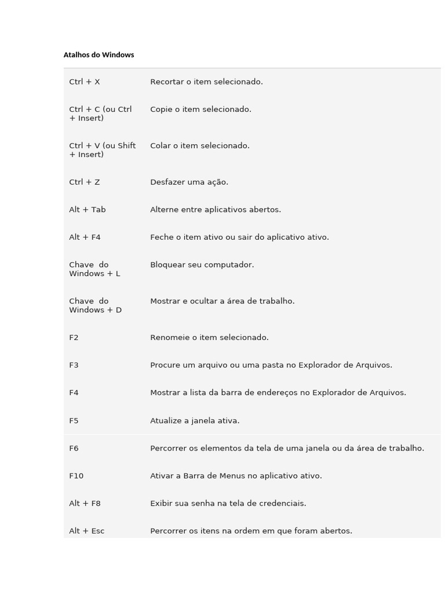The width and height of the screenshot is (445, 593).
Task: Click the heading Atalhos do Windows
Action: [x=99, y=55]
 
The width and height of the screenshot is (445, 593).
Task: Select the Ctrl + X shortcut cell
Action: [x=85, y=82]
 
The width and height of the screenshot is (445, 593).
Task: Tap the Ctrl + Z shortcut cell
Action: [x=85, y=182]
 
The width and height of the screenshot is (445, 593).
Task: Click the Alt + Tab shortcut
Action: [x=87, y=210]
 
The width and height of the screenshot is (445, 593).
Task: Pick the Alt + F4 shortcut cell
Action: [x=85, y=237]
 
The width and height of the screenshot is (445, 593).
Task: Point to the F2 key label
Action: [x=74, y=338]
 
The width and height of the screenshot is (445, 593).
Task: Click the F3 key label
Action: [x=74, y=365]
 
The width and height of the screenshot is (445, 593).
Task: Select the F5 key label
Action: [x=74, y=421]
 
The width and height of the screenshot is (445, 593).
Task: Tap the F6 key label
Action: [x=74, y=448]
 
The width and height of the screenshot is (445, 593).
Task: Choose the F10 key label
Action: [x=76, y=476]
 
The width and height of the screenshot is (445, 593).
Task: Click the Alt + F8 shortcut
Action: [x=85, y=504]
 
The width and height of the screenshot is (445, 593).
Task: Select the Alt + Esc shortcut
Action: [x=87, y=531]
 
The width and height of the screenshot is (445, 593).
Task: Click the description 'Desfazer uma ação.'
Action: [x=189, y=182]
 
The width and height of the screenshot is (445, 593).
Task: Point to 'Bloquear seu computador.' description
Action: [x=202, y=265]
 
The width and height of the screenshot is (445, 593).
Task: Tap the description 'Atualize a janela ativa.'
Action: [x=195, y=421]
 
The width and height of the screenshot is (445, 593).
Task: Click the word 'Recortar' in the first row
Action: [x=167, y=82]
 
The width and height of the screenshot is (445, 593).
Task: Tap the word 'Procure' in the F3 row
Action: [x=165, y=365]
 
